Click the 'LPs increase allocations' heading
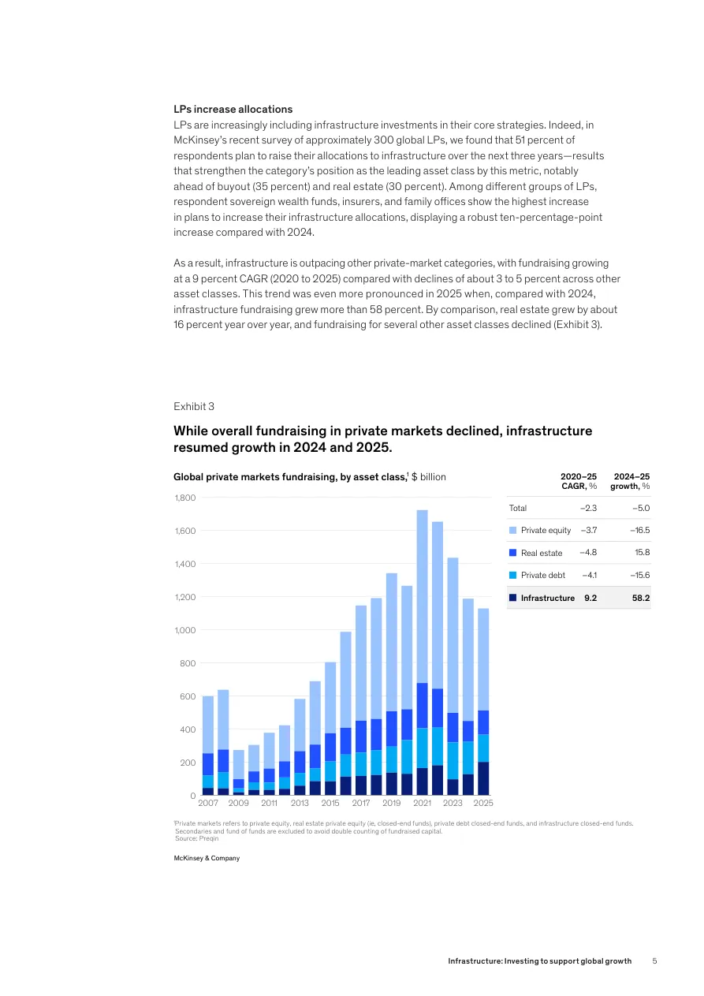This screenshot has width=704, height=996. click(233, 110)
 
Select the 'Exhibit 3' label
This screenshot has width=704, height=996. click(193, 406)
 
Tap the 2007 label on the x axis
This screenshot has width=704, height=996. click(208, 803)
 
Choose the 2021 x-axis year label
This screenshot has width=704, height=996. click(423, 803)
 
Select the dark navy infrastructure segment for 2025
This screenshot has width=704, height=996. click(483, 778)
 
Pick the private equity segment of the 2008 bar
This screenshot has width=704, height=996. click(223, 719)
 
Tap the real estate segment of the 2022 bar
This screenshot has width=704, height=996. click(438, 707)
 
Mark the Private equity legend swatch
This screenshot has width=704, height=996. click(513, 531)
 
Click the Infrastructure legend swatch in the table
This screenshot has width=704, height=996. click(513, 598)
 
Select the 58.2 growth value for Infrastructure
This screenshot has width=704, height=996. click(640, 598)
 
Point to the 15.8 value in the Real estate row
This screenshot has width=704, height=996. click(642, 553)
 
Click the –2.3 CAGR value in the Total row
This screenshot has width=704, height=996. click(588, 509)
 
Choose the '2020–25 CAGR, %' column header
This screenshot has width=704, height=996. click(579, 482)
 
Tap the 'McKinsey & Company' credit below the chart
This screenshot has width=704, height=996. click(207, 858)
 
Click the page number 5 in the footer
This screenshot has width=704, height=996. click(654, 961)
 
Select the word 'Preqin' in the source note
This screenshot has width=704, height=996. click(209, 838)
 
